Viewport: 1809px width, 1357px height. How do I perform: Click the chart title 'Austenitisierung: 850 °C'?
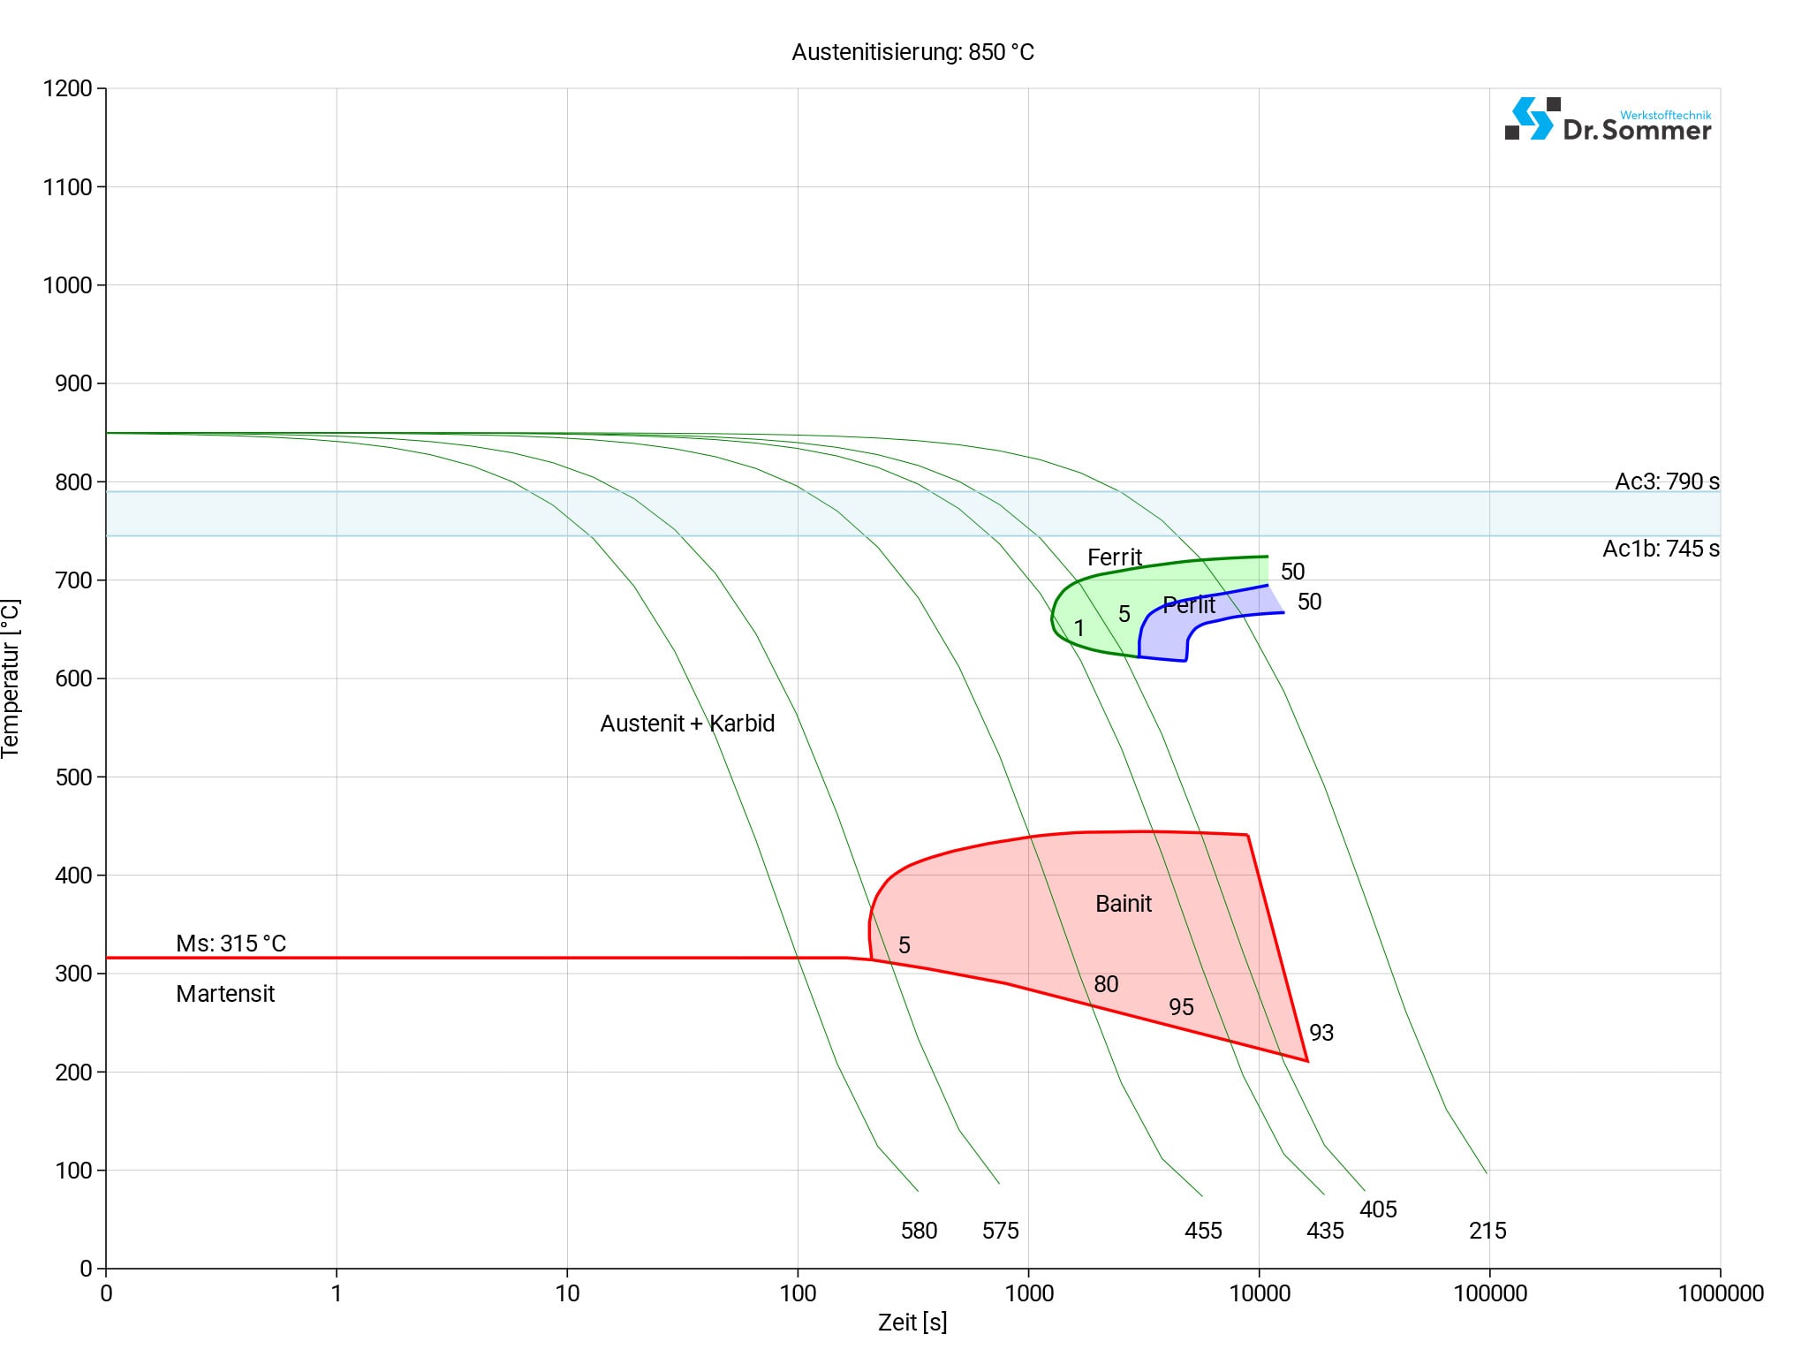(912, 52)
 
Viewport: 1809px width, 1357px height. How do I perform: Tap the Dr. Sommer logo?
(1608, 120)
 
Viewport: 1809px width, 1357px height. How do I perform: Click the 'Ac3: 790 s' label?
(1667, 481)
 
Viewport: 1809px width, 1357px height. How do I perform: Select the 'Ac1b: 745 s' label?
(1661, 549)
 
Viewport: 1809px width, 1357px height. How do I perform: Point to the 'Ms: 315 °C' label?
(231, 944)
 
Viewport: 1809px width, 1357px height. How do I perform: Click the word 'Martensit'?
(225, 994)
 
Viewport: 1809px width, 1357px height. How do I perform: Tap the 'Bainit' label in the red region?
(1123, 904)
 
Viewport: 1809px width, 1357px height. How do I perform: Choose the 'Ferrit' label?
(1114, 557)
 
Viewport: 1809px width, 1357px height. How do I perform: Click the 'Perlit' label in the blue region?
(1189, 605)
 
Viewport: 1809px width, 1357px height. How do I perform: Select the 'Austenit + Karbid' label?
(687, 724)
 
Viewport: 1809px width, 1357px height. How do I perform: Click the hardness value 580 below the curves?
(919, 1231)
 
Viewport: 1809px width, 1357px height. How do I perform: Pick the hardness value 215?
(1487, 1231)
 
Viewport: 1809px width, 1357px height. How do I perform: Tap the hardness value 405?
(1378, 1209)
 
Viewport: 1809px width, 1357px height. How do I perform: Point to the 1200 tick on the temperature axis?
(67, 88)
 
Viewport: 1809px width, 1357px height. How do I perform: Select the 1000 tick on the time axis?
(1029, 1293)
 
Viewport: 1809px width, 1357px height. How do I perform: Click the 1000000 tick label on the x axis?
(1720, 1293)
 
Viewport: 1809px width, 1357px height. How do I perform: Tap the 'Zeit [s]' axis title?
(912, 1323)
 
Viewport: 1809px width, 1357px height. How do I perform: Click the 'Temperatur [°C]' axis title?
(11, 678)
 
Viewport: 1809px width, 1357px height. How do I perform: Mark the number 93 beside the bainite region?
(1321, 1033)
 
